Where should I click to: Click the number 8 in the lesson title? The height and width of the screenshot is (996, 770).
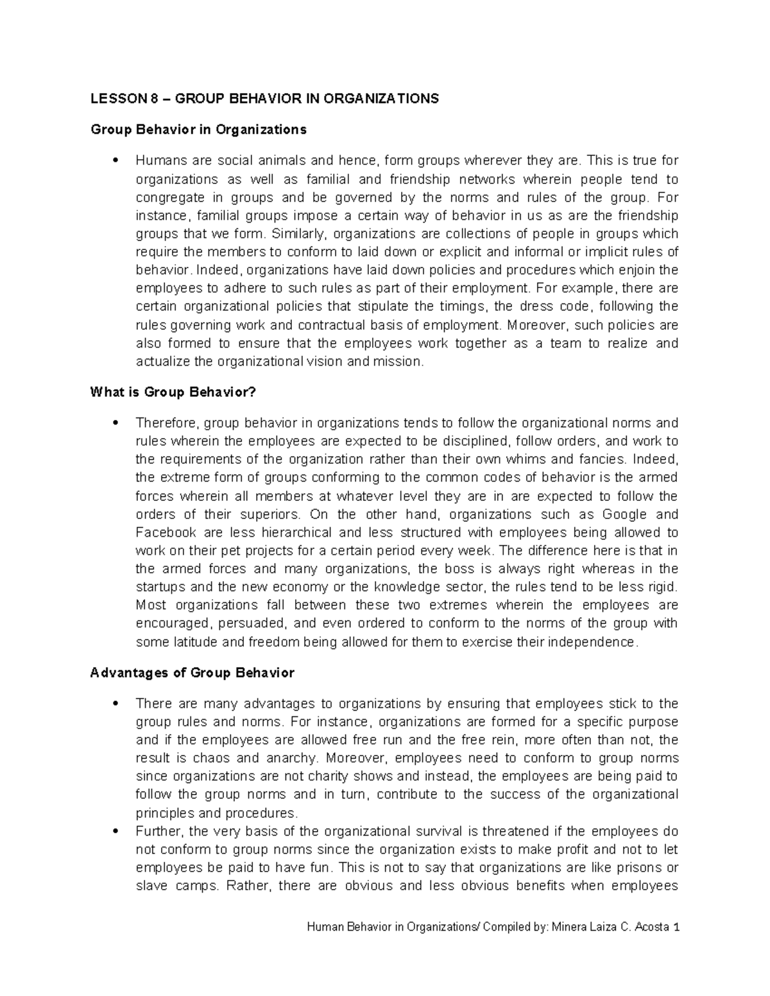click(153, 99)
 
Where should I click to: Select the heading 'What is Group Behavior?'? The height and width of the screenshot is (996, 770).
click(173, 392)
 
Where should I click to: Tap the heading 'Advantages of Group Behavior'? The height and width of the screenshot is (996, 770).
click(193, 673)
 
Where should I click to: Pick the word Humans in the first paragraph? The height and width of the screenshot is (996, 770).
click(158, 160)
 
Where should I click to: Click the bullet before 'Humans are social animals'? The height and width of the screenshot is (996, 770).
click(115, 160)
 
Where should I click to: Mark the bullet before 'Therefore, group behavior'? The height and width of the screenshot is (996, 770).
click(115, 423)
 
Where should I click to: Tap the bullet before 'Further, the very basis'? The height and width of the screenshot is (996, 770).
click(115, 832)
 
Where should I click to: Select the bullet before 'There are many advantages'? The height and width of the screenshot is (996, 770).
click(115, 704)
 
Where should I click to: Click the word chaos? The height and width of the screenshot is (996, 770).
click(212, 758)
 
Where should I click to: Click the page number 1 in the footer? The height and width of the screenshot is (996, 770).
click(676, 927)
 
